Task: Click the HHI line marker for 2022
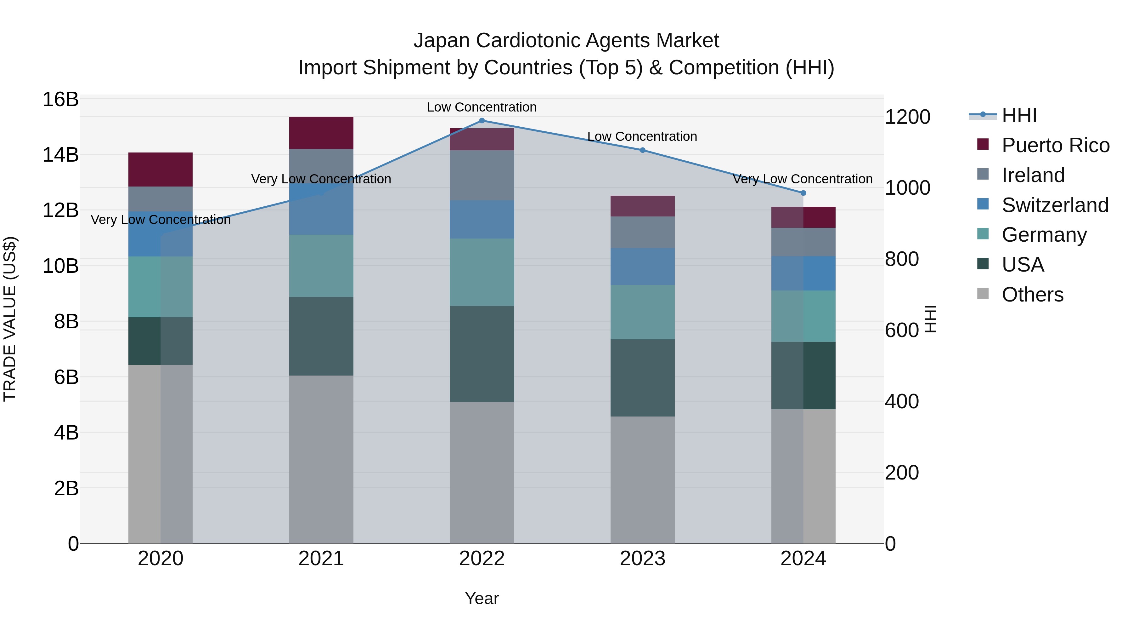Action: click(482, 121)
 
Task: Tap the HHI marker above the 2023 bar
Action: click(642, 150)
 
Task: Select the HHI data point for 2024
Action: click(803, 193)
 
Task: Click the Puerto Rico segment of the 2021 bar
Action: click(321, 133)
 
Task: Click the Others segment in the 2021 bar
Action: click(321, 459)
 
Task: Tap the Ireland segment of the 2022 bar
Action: click(482, 175)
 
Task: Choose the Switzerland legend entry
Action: click(1055, 205)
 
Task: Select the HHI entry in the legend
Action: click(1019, 115)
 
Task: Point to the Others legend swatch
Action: click(983, 294)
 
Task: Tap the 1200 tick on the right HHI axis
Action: click(907, 117)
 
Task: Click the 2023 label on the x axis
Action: click(642, 559)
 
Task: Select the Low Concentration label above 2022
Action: click(482, 107)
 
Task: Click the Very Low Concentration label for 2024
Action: click(803, 179)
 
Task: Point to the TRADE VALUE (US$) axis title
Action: click(10, 319)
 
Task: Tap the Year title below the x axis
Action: click(482, 598)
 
